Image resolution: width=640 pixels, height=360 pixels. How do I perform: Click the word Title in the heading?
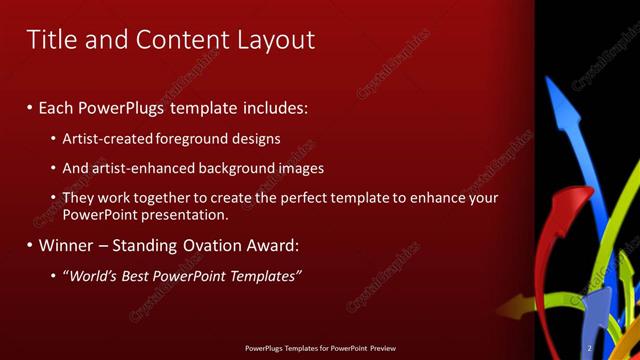pyautogui.click(x=51, y=40)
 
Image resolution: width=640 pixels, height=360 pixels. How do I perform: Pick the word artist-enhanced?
pyautogui.click(x=141, y=168)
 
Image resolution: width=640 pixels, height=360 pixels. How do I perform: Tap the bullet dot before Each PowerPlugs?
pyautogui.click(x=30, y=106)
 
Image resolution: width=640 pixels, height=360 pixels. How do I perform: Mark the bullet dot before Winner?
pyautogui.click(x=30, y=245)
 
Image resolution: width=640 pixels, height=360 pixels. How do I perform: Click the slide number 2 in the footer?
pyautogui.click(x=590, y=348)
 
